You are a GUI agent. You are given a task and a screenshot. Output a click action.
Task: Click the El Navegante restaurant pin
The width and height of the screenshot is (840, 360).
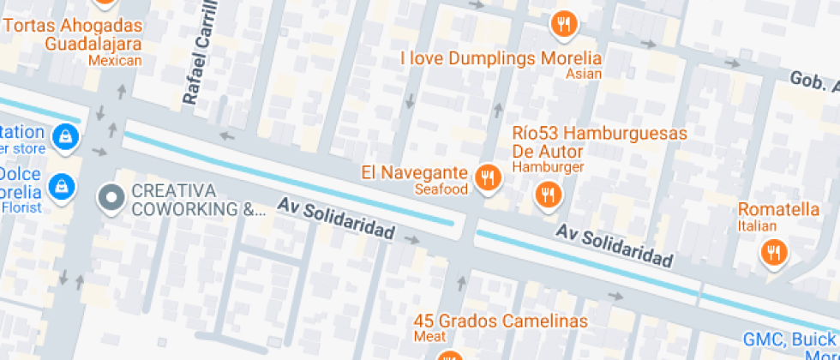488,177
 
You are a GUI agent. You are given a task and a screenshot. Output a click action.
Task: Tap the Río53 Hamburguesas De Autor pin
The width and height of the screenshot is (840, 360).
547,195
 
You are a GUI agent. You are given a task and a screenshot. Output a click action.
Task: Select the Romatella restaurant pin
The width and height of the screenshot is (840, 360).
774,252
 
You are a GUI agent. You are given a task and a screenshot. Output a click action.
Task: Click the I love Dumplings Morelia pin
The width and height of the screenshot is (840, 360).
562,24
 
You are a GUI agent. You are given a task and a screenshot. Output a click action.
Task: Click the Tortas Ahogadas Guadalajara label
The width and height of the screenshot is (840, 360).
73,34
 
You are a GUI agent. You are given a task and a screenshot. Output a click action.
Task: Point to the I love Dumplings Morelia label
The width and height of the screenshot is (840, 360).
501,59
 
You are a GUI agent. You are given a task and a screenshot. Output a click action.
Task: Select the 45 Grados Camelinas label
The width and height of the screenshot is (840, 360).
501,321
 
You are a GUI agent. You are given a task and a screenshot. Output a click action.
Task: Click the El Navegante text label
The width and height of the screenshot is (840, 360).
413,172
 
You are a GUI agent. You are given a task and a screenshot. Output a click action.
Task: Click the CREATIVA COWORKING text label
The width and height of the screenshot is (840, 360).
198,200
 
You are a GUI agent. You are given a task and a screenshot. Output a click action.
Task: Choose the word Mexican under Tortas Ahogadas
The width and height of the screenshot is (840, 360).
115,60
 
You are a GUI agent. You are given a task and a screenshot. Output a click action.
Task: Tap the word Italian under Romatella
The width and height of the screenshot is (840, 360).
758,226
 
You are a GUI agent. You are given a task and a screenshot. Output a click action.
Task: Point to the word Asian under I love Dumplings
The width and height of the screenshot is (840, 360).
584,74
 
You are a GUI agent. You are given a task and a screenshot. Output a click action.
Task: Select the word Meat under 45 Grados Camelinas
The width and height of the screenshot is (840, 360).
430,337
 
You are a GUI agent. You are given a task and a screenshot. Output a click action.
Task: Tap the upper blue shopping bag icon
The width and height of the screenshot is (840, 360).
64,135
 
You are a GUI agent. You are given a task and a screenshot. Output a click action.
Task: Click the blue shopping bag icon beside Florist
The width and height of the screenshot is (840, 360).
60,185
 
